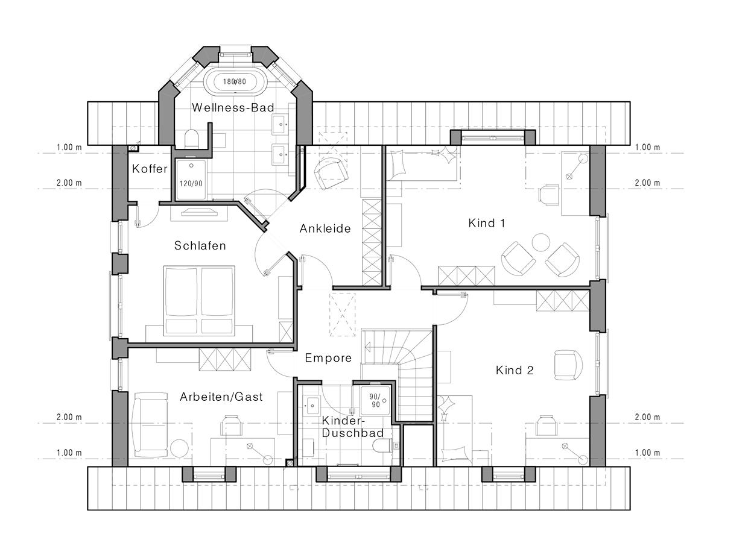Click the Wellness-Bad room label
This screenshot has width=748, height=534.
click(x=233, y=108)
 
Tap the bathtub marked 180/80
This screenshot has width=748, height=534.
click(x=235, y=81)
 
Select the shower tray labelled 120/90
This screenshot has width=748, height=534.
click(x=191, y=180)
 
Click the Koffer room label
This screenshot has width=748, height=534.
click(x=150, y=169)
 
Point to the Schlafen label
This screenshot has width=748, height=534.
click(x=200, y=246)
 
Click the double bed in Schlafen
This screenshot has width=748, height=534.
click(x=199, y=301)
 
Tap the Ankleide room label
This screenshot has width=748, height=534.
click(x=325, y=229)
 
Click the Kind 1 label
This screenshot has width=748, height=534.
click(x=487, y=223)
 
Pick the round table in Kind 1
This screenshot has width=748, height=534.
click(x=540, y=242)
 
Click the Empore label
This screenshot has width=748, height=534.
click(x=328, y=358)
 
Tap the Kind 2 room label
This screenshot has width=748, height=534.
click(x=515, y=370)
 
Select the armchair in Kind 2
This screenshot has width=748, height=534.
click(x=568, y=365)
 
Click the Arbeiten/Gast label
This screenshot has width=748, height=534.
click(x=221, y=397)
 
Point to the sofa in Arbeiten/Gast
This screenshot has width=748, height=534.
click(x=150, y=424)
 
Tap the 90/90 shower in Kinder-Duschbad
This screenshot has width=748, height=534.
click(x=375, y=401)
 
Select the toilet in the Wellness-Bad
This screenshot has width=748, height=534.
click(x=191, y=139)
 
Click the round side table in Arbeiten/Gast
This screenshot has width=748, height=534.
click(x=179, y=448)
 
